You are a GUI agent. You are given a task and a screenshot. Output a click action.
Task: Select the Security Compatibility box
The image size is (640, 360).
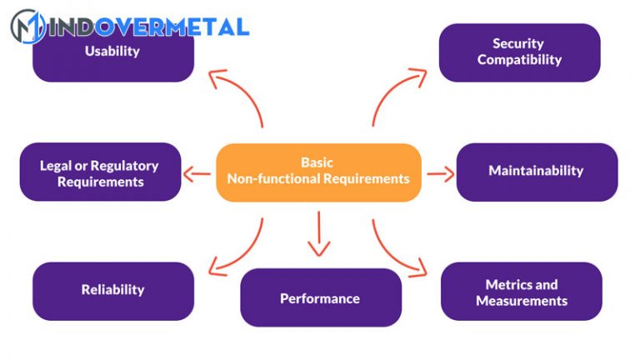[x=519, y=52]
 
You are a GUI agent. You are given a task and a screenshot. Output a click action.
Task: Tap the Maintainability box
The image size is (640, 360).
[x=536, y=171]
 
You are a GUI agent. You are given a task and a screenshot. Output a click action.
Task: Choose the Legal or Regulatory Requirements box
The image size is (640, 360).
[x=99, y=173]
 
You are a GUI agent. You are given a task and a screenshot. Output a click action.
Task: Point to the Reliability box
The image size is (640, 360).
[x=112, y=290]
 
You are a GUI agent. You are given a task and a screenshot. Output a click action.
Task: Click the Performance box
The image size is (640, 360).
[x=320, y=298]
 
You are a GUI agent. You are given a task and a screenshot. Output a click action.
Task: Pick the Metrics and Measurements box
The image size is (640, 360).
[x=521, y=292]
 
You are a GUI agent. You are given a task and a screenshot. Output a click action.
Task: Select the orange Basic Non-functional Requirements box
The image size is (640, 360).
[x=318, y=172]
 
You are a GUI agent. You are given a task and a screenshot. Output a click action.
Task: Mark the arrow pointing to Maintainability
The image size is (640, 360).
[x=440, y=175]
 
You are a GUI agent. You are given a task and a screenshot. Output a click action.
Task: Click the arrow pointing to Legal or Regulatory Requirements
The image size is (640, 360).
[x=197, y=174]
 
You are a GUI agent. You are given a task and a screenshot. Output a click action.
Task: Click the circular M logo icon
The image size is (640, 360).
[x=27, y=27]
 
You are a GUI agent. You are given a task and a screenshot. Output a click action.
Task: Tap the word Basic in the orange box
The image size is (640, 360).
[x=317, y=162]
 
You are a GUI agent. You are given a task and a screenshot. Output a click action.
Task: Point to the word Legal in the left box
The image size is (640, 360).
[x=56, y=166]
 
